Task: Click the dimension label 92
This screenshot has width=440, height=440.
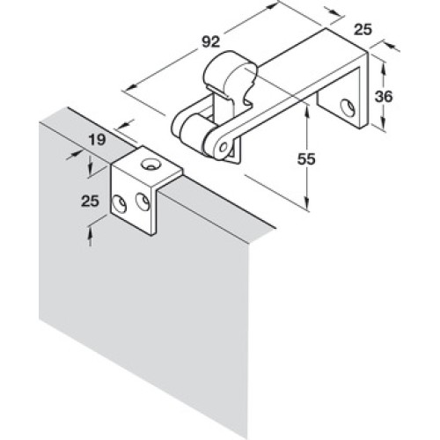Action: [x=211, y=42]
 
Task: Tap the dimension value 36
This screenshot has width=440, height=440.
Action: [x=384, y=97]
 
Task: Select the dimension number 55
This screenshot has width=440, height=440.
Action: [x=306, y=159]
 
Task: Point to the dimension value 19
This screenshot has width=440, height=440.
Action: [x=97, y=140]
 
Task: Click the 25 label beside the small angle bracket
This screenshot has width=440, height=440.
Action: [x=90, y=202]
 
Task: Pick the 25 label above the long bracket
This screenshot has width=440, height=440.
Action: [x=363, y=30]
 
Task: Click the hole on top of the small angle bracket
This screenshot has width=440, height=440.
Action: [x=150, y=164]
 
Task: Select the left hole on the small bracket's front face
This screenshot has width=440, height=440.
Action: [x=120, y=203]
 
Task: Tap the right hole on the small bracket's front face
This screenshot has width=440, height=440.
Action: [x=143, y=202]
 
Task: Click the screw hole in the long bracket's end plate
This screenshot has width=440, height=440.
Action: [x=348, y=108]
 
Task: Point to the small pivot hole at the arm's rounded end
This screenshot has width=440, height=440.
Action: [x=224, y=146]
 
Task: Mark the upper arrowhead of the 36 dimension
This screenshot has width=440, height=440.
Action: [x=383, y=64]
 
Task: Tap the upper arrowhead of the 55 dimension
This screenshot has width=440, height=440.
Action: [x=307, y=110]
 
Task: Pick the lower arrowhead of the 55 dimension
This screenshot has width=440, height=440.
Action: [x=307, y=203]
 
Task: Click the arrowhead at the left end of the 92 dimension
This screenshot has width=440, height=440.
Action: [x=130, y=87]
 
